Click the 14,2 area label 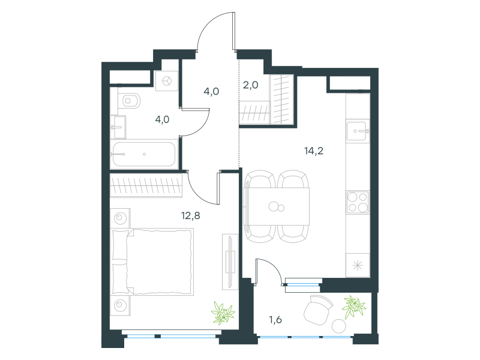(314, 151)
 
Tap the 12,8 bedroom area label (190, 216)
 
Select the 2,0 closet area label (250, 85)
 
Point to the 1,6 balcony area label (275, 320)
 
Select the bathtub (144, 154)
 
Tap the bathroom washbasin (118, 127)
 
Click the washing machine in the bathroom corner (167, 81)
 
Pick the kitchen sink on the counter (358, 131)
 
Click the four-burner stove (358, 202)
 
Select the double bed (152, 262)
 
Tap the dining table (277, 206)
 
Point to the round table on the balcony (339, 326)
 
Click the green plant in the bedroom (223, 313)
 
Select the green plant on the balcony (354, 307)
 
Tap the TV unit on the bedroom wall (230, 262)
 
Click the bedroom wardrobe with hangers (146, 185)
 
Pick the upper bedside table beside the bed (121, 218)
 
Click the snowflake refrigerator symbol (358, 265)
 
